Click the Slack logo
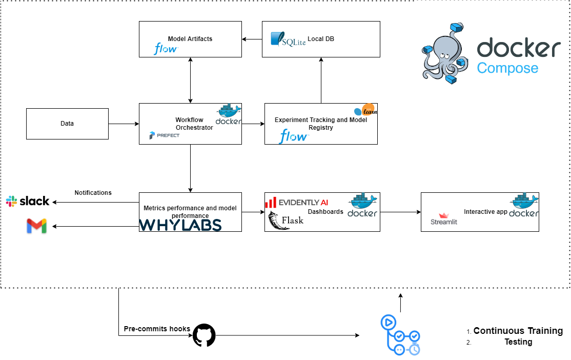[28, 201]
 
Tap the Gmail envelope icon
[36, 226]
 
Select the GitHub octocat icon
[204, 335]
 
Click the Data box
[67, 124]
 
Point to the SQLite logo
[288, 39]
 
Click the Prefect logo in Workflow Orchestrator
[164, 135]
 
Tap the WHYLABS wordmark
[180, 225]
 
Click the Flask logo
[286, 221]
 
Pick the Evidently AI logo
[297, 202]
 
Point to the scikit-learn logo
[365, 110]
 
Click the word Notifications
[93, 193]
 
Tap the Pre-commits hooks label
[157, 329]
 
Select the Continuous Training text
[518, 331]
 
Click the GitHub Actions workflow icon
[401, 335]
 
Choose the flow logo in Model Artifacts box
[166, 48]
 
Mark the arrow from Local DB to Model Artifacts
[252, 39]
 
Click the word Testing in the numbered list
[518, 342]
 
